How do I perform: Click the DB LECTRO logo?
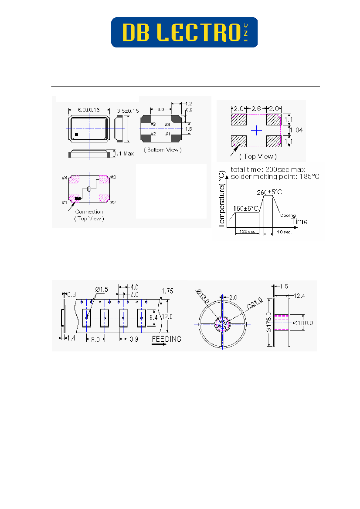tap(184, 32)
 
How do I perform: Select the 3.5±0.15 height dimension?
tap(128, 111)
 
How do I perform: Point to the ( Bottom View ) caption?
tap(162, 150)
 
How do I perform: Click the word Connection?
tap(89, 212)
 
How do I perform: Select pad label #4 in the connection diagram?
tap(64, 178)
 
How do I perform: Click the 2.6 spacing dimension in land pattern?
tap(257, 108)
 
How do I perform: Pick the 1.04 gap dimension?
tap(297, 130)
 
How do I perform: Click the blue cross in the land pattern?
tap(257, 130)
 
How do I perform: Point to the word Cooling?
tap(288, 215)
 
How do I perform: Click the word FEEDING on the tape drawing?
tap(167, 339)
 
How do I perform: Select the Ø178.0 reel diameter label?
tap(269, 322)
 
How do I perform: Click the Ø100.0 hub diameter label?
tap(304, 323)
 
